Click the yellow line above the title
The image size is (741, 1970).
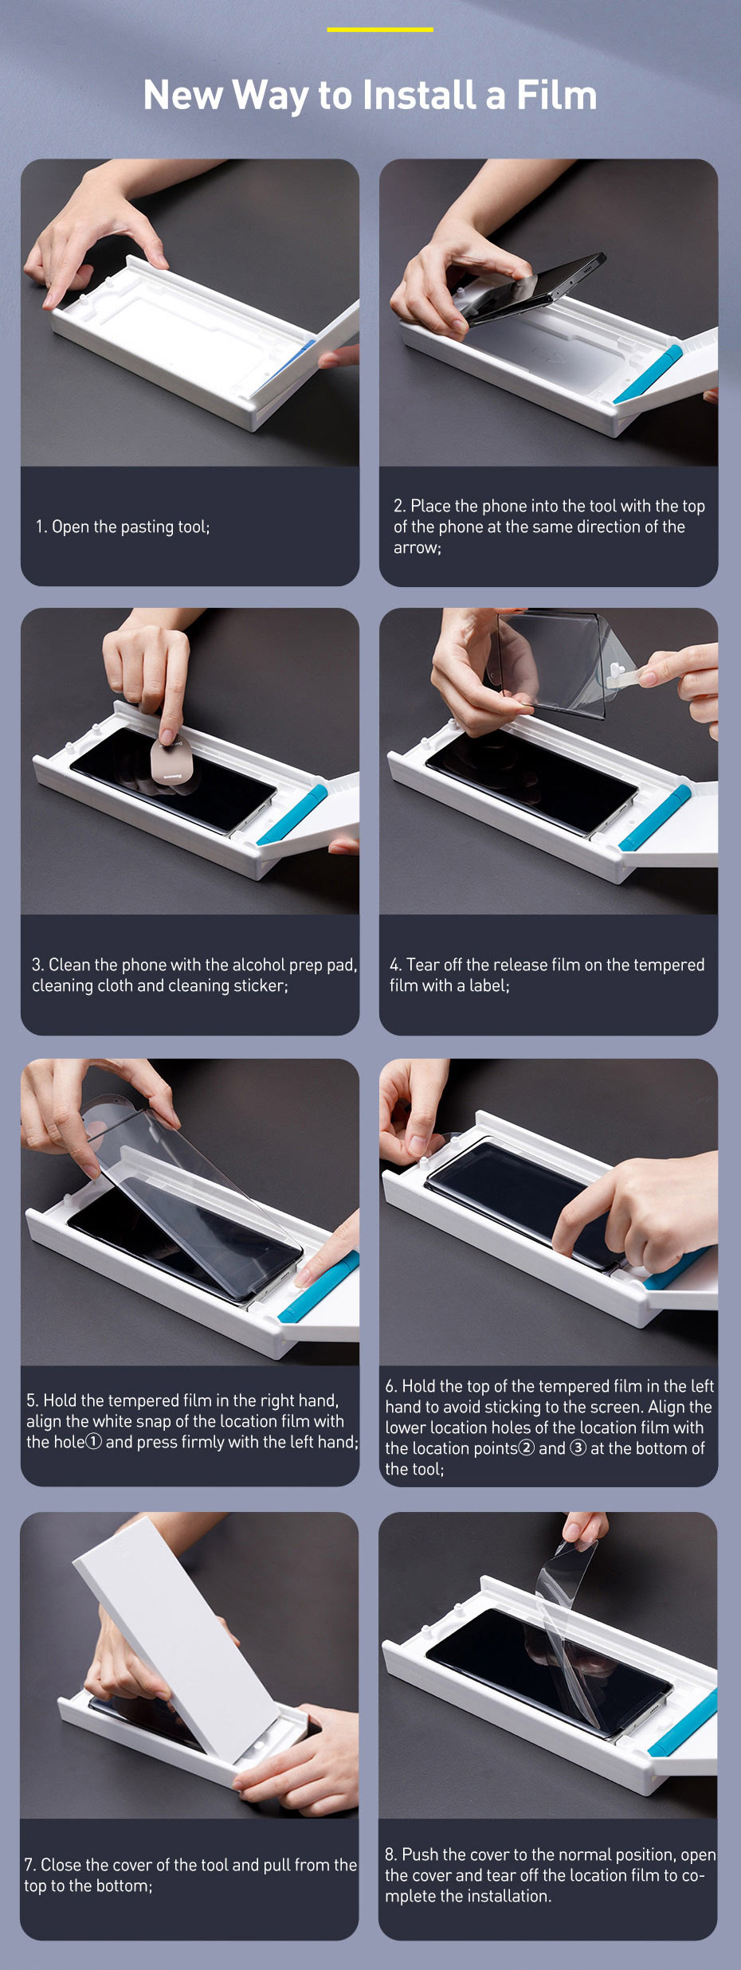pyautogui.click(x=379, y=29)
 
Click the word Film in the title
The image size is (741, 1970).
pyautogui.click(x=556, y=95)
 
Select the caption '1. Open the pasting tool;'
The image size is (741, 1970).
pyautogui.click(x=123, y=527)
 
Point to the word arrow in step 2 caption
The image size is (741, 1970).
pyautogui.click(x=415, y=548)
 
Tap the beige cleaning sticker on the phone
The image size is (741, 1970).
pyautogui.click(x=171, y=762)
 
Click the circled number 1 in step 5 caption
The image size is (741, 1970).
pyautogui.click(x=93, y=1442)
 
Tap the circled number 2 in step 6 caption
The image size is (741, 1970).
pyautogui.click(x=526, y=1448)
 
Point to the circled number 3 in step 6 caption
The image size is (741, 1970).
pyautogui.click(x=578, y=1448)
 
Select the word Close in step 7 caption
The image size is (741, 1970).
pyautogui.click(x=61, y=1865)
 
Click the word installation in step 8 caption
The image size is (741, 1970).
pyautogui.click(x=507, y=1897)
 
